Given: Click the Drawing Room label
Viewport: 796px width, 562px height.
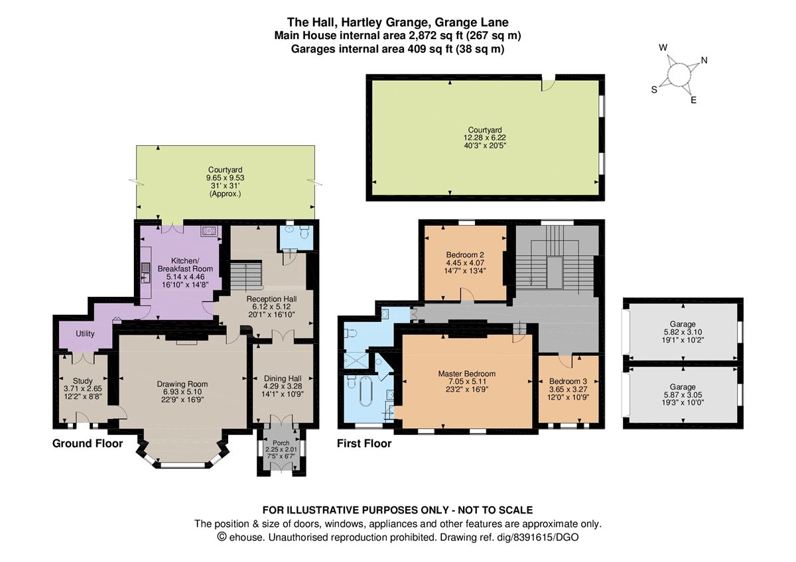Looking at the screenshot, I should tap(182, 384).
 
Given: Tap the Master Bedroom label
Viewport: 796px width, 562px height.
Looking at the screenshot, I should tap(466, 374).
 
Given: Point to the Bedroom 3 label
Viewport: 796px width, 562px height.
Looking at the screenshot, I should tap(568, 382).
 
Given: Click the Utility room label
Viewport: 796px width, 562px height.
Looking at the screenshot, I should tap(85, 334).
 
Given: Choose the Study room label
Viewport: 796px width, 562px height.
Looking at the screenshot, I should tap(83, 380).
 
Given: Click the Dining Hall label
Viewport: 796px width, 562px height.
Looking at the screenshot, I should tap(283, 378).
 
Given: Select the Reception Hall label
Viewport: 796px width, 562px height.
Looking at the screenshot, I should tap(271, 299).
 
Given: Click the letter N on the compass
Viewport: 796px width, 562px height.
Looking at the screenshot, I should tap(704, 61).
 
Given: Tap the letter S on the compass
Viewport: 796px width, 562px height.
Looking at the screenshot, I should tap(653, 90).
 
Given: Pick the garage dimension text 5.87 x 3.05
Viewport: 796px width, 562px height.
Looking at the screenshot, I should tap(683, 395).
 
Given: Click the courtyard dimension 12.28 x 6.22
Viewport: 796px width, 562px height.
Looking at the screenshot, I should tap(484, 138).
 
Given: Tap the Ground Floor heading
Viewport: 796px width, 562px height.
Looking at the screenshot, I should tap(88, 443).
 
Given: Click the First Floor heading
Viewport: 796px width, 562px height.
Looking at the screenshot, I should tap(364, 443).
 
